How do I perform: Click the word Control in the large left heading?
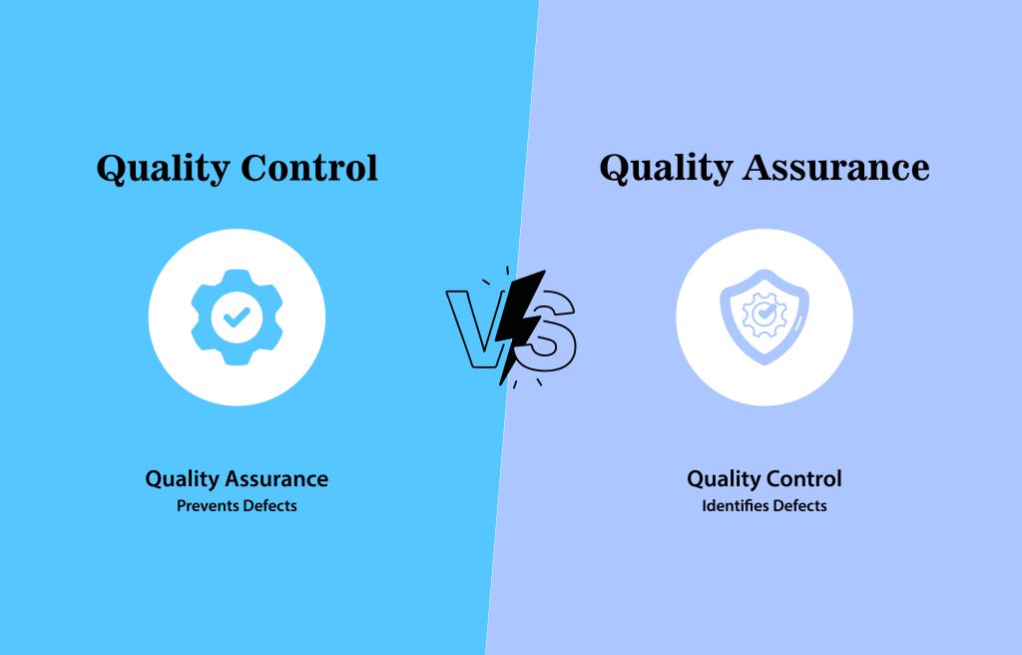pos(309,168)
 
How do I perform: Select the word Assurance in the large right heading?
pos(836,168)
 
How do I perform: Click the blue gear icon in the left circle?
pos(238,318)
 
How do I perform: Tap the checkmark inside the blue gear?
pos(237,318)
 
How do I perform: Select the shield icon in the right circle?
pos(765,318)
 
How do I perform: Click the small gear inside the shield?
pos(764,316)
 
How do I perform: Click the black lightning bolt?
pos(520,327)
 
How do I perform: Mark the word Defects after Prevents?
pos(266,505)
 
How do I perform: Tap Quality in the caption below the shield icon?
pos(725,480)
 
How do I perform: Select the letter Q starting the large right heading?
pos(615,170)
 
